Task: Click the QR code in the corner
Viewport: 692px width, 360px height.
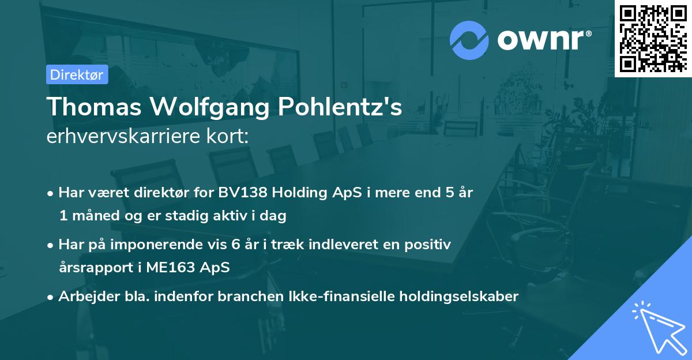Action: click(x=653, y=38)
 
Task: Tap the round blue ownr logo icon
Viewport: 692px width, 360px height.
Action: click(x=469, y=40)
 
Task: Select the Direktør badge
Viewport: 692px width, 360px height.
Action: click(x=77, y=74)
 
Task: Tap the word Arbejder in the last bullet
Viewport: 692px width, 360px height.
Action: click(x=83, y=297)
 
